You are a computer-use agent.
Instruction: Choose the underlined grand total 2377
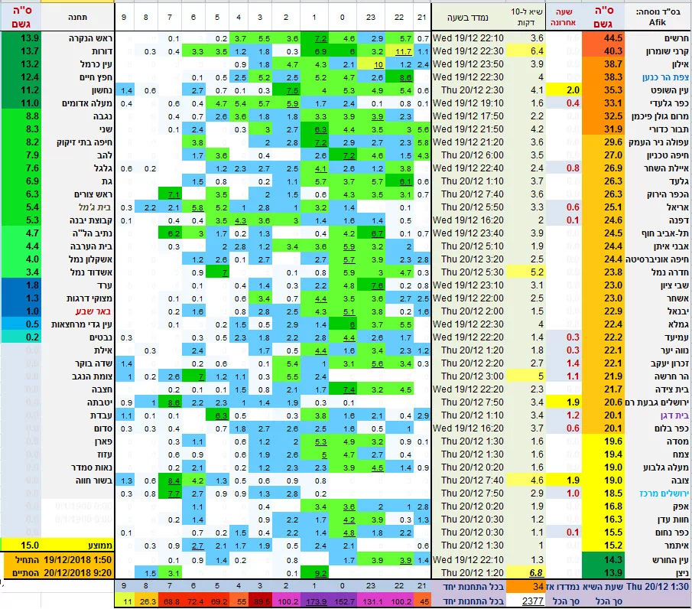coord(528,601)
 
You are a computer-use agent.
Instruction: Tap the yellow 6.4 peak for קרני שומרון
coord(537,50)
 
